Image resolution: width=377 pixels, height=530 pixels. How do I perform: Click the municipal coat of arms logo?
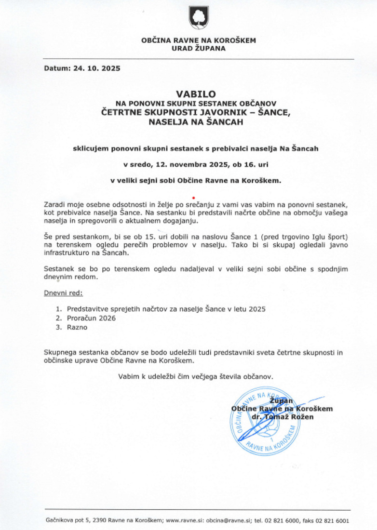pyautogui.click(x=198, y=18)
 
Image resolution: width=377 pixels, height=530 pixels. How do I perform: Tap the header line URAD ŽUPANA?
pyautogui.click(x=198, y=49)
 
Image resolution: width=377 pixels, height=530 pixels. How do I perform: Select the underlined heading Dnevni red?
pyautogui.click(x=63, y=292)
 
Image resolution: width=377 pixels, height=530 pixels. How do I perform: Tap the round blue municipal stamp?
pyautogui.click(x=263, y=422)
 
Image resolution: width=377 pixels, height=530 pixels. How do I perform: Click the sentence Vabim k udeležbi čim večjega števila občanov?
pyautogui.click(x=198, y=376)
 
